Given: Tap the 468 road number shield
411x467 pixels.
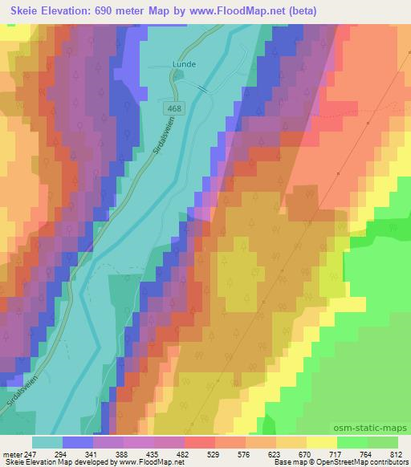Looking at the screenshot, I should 175,107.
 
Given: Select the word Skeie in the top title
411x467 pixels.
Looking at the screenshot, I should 28,11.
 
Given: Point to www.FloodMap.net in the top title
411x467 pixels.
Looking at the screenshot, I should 238,11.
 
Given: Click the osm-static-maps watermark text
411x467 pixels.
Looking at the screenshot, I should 376,428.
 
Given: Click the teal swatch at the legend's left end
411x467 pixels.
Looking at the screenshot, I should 47,442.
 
